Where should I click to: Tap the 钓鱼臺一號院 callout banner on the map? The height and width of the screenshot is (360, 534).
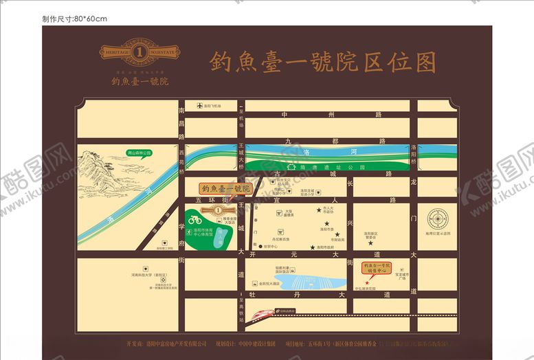225,188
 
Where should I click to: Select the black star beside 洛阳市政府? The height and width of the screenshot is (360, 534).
313,247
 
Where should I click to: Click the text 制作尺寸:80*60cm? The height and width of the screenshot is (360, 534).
75,18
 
